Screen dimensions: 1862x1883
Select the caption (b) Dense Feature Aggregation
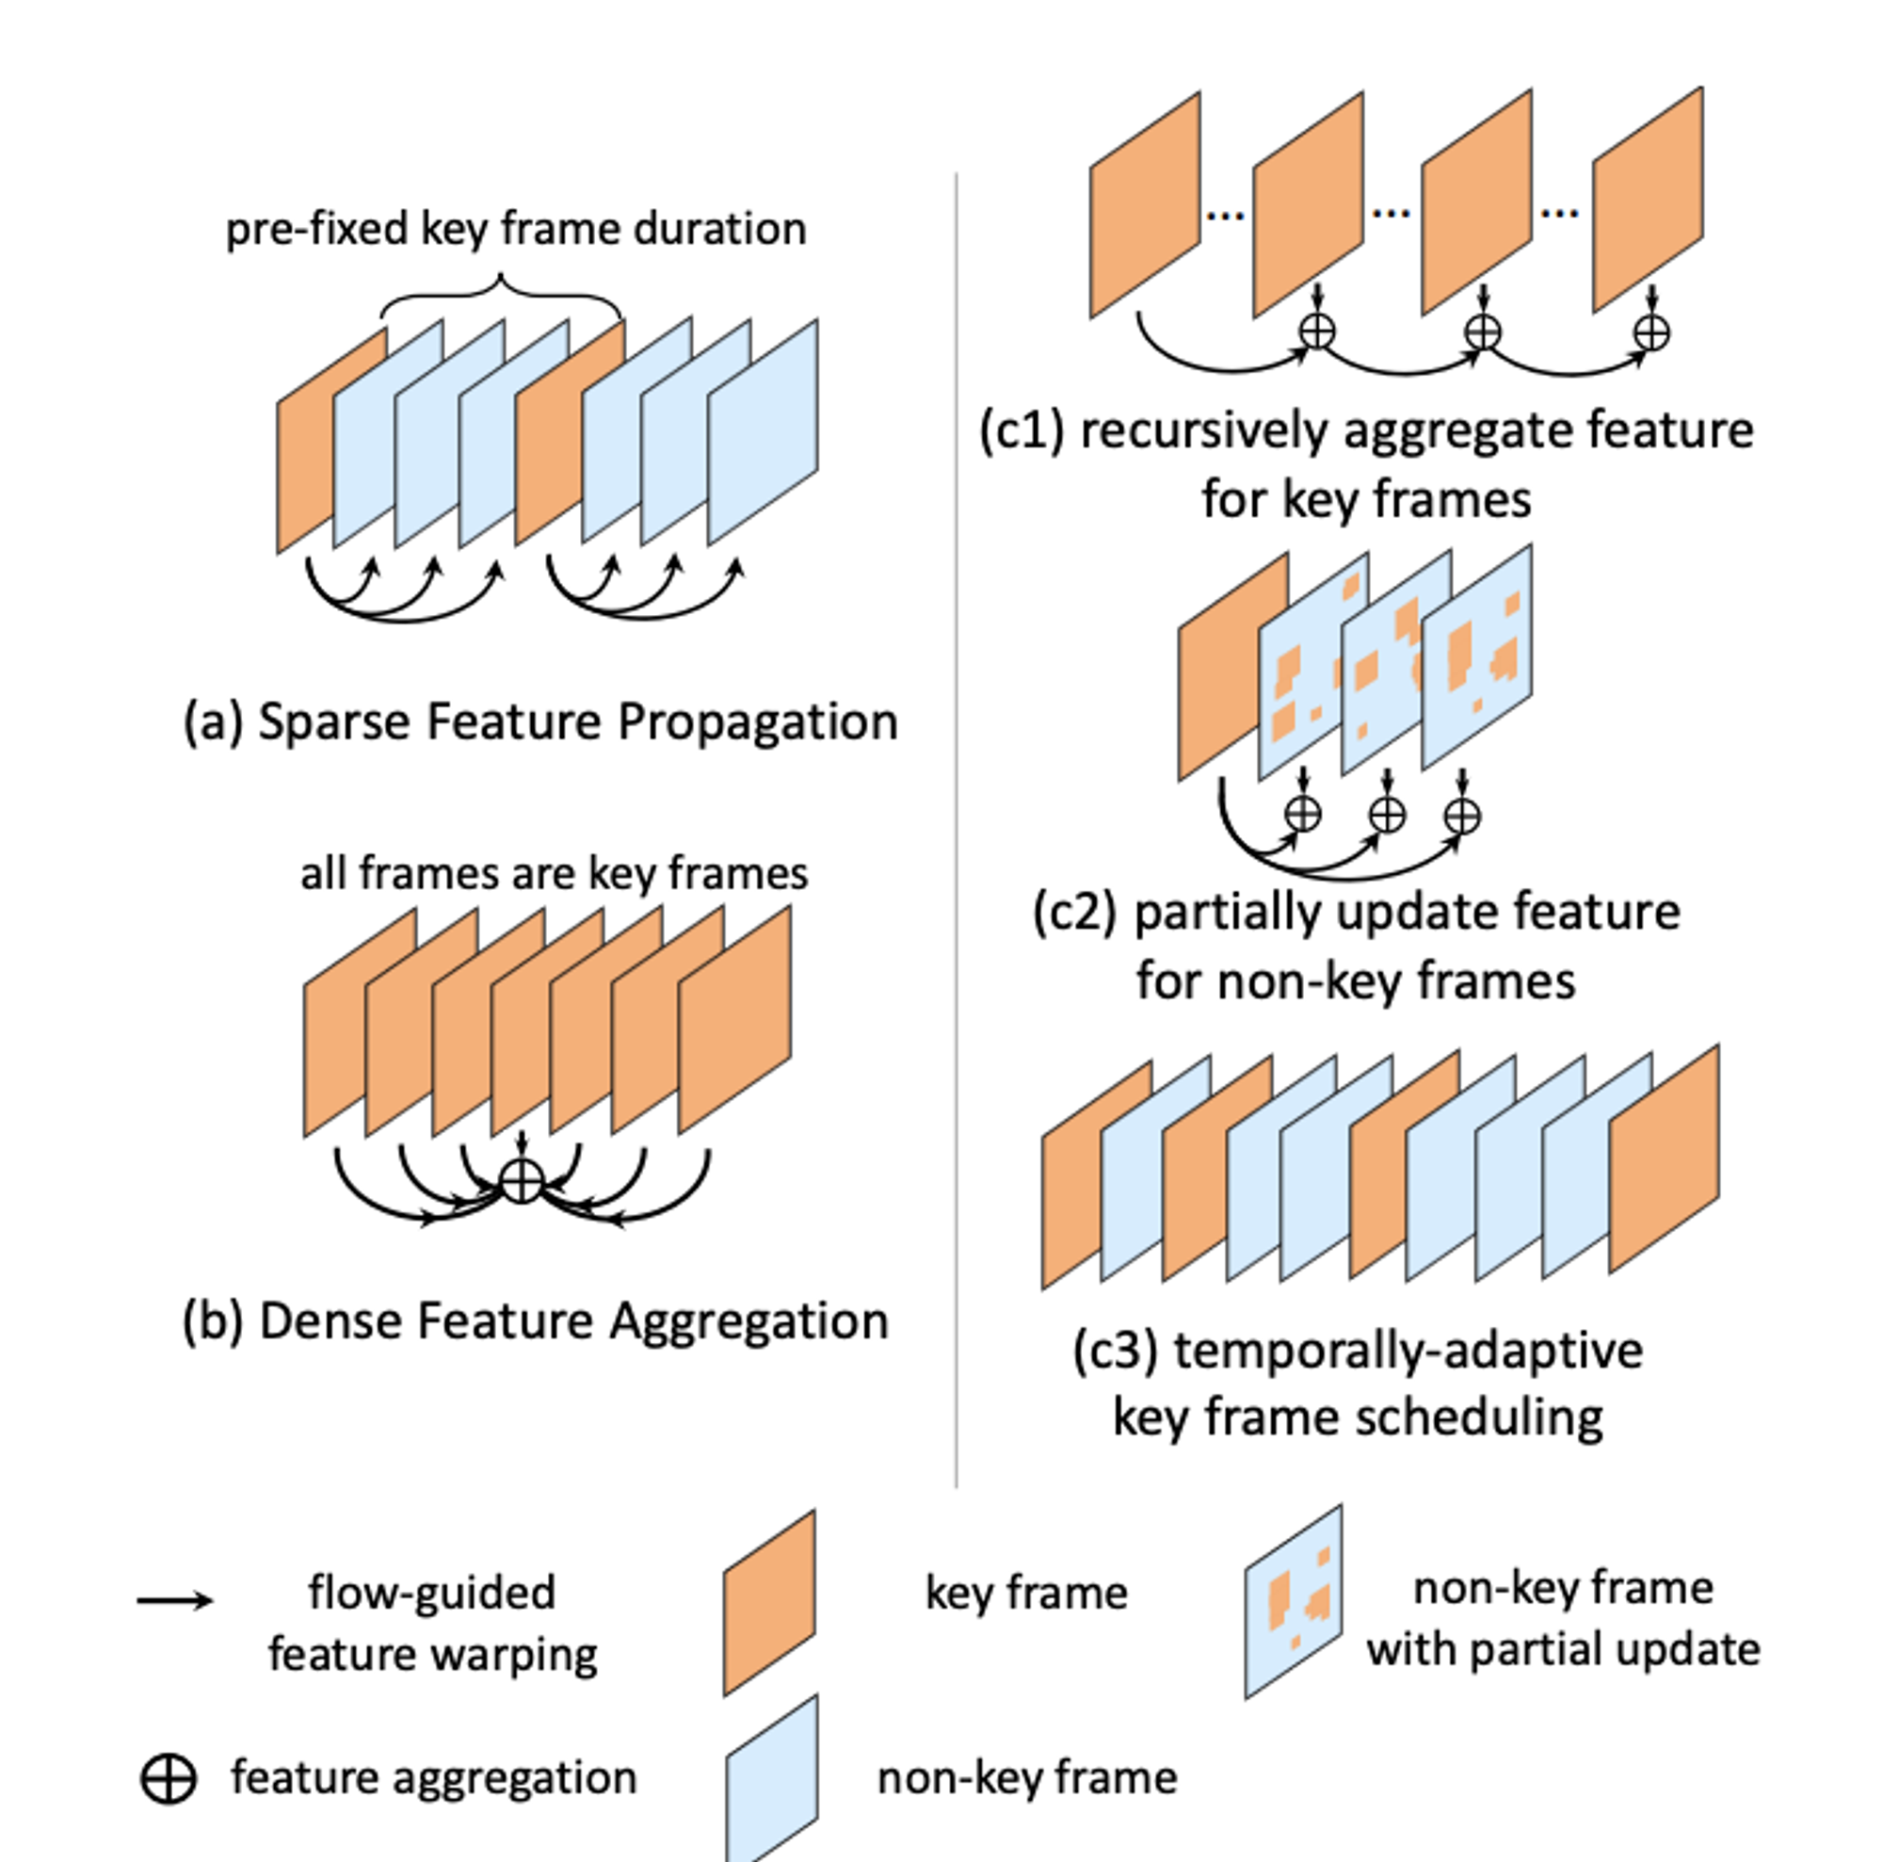click(535, 1322)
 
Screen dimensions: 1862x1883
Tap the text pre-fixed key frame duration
click(516, 229)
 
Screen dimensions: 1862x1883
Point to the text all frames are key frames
click(554, 873)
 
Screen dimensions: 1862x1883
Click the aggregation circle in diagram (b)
click(522, 1182)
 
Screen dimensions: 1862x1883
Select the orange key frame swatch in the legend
click(769, 1603)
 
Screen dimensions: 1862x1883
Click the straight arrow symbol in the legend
click(174, 1601)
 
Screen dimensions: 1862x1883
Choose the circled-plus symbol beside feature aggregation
click(169, 1779)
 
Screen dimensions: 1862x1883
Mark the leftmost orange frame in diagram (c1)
click(1144, 204)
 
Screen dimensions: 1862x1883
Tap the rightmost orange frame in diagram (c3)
click(1664, 1158)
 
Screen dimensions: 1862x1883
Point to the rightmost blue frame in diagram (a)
click(763, 431)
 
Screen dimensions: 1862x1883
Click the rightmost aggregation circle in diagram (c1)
click(1651, 332)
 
